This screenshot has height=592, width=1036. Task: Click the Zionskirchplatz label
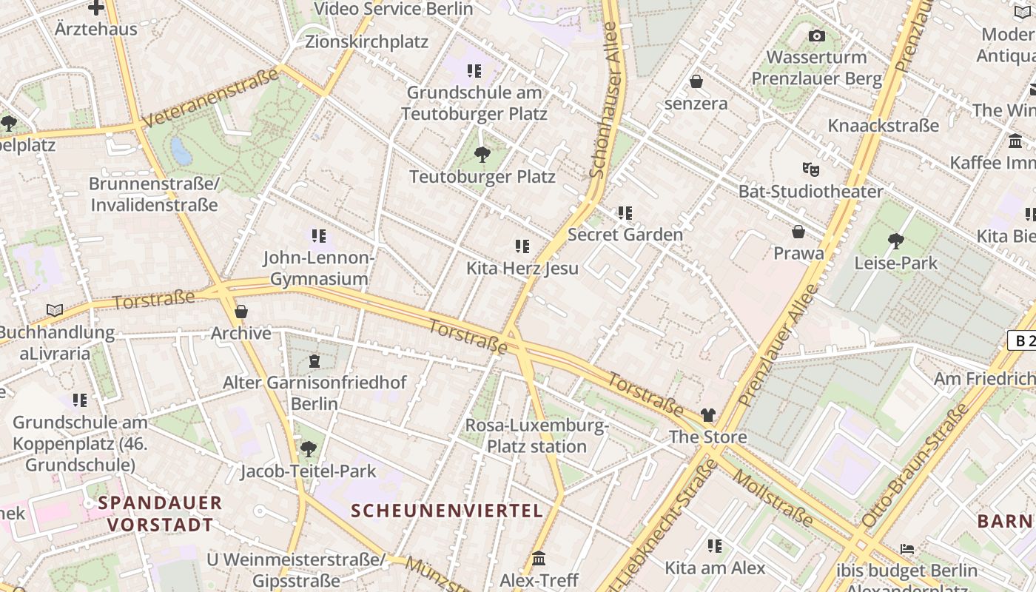tap(366, 41)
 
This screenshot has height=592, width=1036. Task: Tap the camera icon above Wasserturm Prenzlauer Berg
tap(816, 36)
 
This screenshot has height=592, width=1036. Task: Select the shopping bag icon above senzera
tap(696, 81)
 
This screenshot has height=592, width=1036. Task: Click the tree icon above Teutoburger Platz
tap(482, 155)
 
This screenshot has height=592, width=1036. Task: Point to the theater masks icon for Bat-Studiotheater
tap(811, 169)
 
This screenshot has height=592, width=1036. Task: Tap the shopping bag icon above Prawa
tap(798, 232)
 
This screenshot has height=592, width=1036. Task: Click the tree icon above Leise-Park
tap(895, 240)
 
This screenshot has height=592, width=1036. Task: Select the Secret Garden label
tap(625, 235)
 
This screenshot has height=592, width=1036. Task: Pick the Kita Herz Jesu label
tap(522, 268)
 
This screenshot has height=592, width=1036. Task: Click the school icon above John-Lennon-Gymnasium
tap(318, 236)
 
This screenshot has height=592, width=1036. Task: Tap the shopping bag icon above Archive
tap(240, 312)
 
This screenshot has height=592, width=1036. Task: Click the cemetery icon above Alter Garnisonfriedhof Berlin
tap(314, 361)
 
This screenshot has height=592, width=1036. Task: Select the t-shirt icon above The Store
tap(708, 415)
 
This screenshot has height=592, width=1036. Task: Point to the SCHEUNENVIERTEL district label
tap(447, 511)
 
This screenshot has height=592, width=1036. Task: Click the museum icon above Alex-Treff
tap(539, 558)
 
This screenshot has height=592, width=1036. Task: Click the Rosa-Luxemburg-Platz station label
tap(536, 436)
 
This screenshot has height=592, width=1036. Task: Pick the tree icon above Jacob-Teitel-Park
tap(309, 449)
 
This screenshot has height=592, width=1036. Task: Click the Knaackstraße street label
tap(883, 125)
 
